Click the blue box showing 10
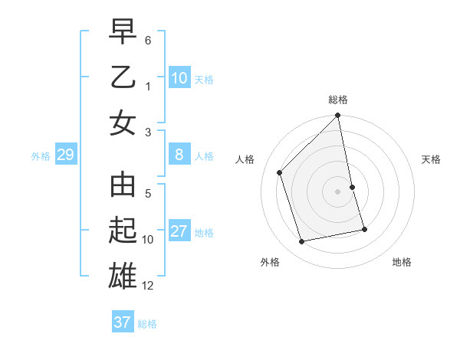pyautogui.click(x=179, y=78)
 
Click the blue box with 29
pyautogui.click(x=65, y=155)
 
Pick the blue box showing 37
pyautogui.click(x=123, y=322)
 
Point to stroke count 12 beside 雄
pyautogui.click(x=149, y=286)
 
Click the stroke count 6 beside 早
pyautogui.click(x=148, y=40)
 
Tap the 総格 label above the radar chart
pyautogui.click(x=338, y=100)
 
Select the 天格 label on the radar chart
pyautogui.click(x=432, y=159)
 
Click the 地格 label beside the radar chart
pyautogui.click(x=402, y=262)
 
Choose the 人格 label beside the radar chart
pyautogui.click(x=245, y=159)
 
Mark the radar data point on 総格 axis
pyautogui.click(x=338, y=116)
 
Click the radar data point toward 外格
pyautogui.click(x=302, y=242)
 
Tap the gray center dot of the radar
pyautogui.click(x=338, y=191)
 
